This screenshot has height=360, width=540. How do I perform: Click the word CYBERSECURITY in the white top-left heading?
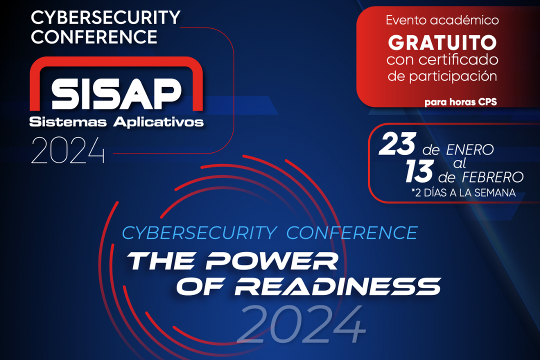[105, 17]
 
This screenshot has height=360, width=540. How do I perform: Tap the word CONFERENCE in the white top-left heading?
[94, 37]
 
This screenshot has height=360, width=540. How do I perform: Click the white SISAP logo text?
[116, 93]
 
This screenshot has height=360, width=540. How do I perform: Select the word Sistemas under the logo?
[68, 121]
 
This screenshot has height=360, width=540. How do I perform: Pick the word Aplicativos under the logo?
[158, 122]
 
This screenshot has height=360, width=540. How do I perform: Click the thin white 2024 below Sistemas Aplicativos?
[68, 150]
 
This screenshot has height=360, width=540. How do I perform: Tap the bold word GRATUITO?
[442, 42]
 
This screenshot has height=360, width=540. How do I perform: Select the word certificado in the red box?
[458, 60]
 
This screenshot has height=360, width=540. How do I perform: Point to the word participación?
[453, 76]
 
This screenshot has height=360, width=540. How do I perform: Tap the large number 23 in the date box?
[397, 143]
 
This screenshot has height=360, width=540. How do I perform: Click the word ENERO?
[470, 150]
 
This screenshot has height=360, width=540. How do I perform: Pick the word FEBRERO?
[492, 177]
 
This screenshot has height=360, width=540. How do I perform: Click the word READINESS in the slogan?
[337, 286]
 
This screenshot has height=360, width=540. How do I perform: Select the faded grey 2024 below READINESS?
[301, 324]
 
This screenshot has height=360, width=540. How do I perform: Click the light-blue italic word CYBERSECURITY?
[199, 233]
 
